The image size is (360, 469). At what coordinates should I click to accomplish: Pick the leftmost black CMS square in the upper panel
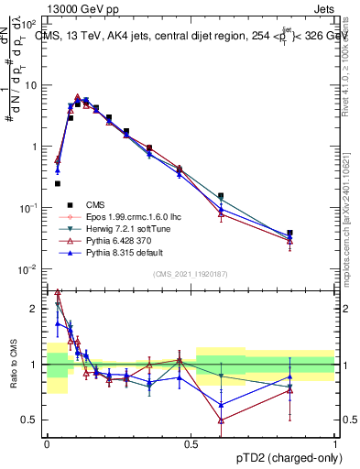pos(58,183)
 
